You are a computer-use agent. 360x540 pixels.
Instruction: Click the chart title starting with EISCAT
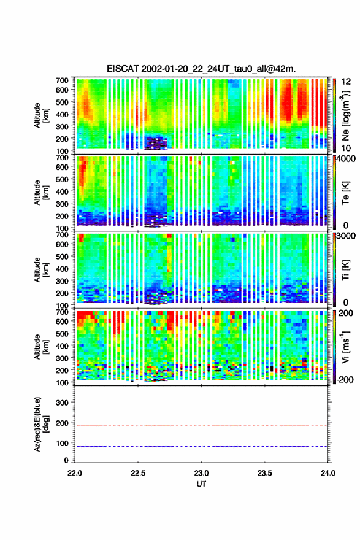click(201, 69)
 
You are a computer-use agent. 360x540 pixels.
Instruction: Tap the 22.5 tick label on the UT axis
click(138, 473)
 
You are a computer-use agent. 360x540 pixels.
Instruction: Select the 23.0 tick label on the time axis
click(201, 473)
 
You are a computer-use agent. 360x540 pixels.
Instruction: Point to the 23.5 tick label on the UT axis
click(265, 473)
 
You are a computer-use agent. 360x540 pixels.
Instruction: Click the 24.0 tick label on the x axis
click(327, 473)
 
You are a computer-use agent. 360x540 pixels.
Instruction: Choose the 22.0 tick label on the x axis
click(75, 473)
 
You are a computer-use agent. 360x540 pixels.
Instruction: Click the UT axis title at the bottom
click(201, 484)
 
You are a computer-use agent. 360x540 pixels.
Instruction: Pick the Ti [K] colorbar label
click(345, 269)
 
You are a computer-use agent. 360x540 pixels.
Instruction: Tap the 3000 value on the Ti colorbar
click(347, 236)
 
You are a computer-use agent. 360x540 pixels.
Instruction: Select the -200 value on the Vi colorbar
click(345, 379)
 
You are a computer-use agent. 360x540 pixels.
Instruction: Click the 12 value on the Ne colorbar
click(346, 82)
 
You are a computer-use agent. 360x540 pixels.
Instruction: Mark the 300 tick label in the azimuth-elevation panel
click(63, 403)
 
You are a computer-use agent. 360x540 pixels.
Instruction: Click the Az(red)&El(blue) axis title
click(41, 424)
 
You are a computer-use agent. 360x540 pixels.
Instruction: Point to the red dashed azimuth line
click(201, 426)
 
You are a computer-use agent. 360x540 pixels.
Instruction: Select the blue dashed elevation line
click(201, 446)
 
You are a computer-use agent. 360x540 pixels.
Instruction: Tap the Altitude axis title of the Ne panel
click(41, 115)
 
